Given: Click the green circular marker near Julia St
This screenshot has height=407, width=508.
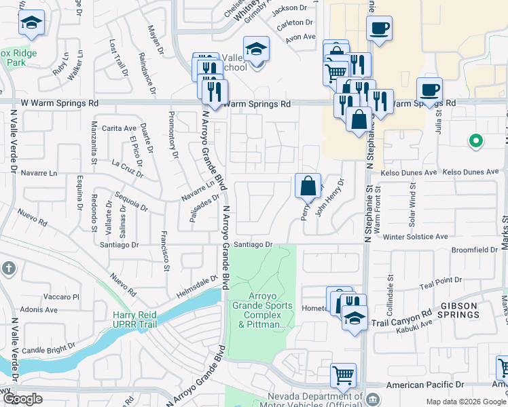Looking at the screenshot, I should pos(476,141).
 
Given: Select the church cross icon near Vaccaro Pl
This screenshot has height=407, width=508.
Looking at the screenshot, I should pos(8,268).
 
